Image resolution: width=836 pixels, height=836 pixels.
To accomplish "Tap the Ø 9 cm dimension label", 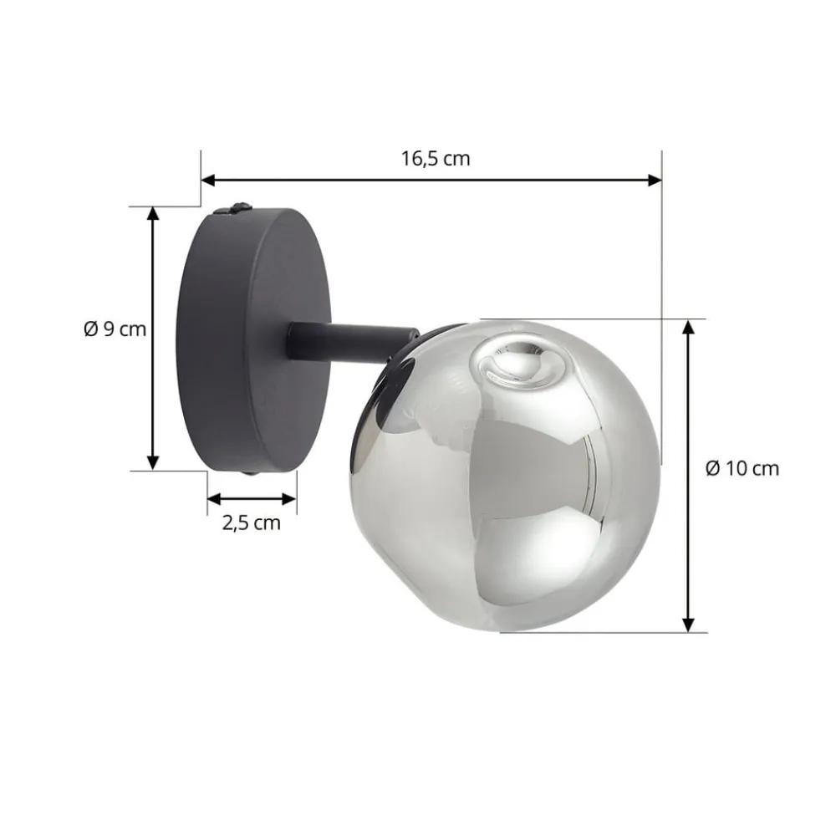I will coord(115,329).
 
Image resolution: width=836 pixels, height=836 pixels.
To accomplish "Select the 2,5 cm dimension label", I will coord(251,523).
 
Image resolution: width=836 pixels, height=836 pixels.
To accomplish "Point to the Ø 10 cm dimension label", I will coord(742,468).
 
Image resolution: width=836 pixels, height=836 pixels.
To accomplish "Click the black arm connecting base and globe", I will coord(351,344).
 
